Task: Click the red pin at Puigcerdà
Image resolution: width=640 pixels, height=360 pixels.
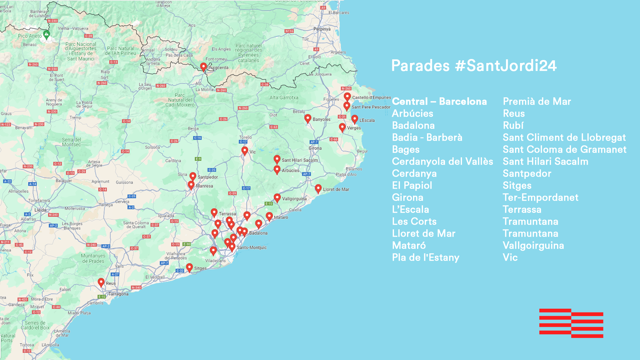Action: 203,67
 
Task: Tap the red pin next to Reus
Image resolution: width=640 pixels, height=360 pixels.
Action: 101,282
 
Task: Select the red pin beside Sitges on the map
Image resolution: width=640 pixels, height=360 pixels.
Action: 189,267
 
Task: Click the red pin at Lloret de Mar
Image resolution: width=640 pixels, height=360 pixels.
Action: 318,188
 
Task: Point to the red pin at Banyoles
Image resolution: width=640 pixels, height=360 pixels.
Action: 308,118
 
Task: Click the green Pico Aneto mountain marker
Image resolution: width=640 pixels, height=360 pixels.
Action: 47,34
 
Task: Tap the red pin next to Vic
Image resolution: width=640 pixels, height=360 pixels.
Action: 245,151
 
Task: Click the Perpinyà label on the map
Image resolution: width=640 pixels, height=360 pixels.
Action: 322,29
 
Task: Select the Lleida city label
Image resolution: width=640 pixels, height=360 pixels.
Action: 40,210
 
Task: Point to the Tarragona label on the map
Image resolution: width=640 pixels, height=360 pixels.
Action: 118,294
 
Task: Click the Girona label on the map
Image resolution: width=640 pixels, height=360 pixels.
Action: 315,148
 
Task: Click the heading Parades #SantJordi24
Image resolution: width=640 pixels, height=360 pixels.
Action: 474,65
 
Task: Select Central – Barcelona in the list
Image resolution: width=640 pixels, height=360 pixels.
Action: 439,101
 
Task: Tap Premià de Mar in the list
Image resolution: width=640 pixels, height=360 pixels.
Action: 537,101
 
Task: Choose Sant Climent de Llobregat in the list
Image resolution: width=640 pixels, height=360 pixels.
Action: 564,137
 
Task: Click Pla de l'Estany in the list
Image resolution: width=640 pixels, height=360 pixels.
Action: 425,257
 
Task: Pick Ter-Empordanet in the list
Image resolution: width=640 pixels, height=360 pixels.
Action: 540,197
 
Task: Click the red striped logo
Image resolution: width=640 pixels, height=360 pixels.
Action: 571,323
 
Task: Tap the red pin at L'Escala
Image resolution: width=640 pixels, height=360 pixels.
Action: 355,119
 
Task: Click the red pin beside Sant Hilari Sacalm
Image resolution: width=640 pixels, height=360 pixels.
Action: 277,159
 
